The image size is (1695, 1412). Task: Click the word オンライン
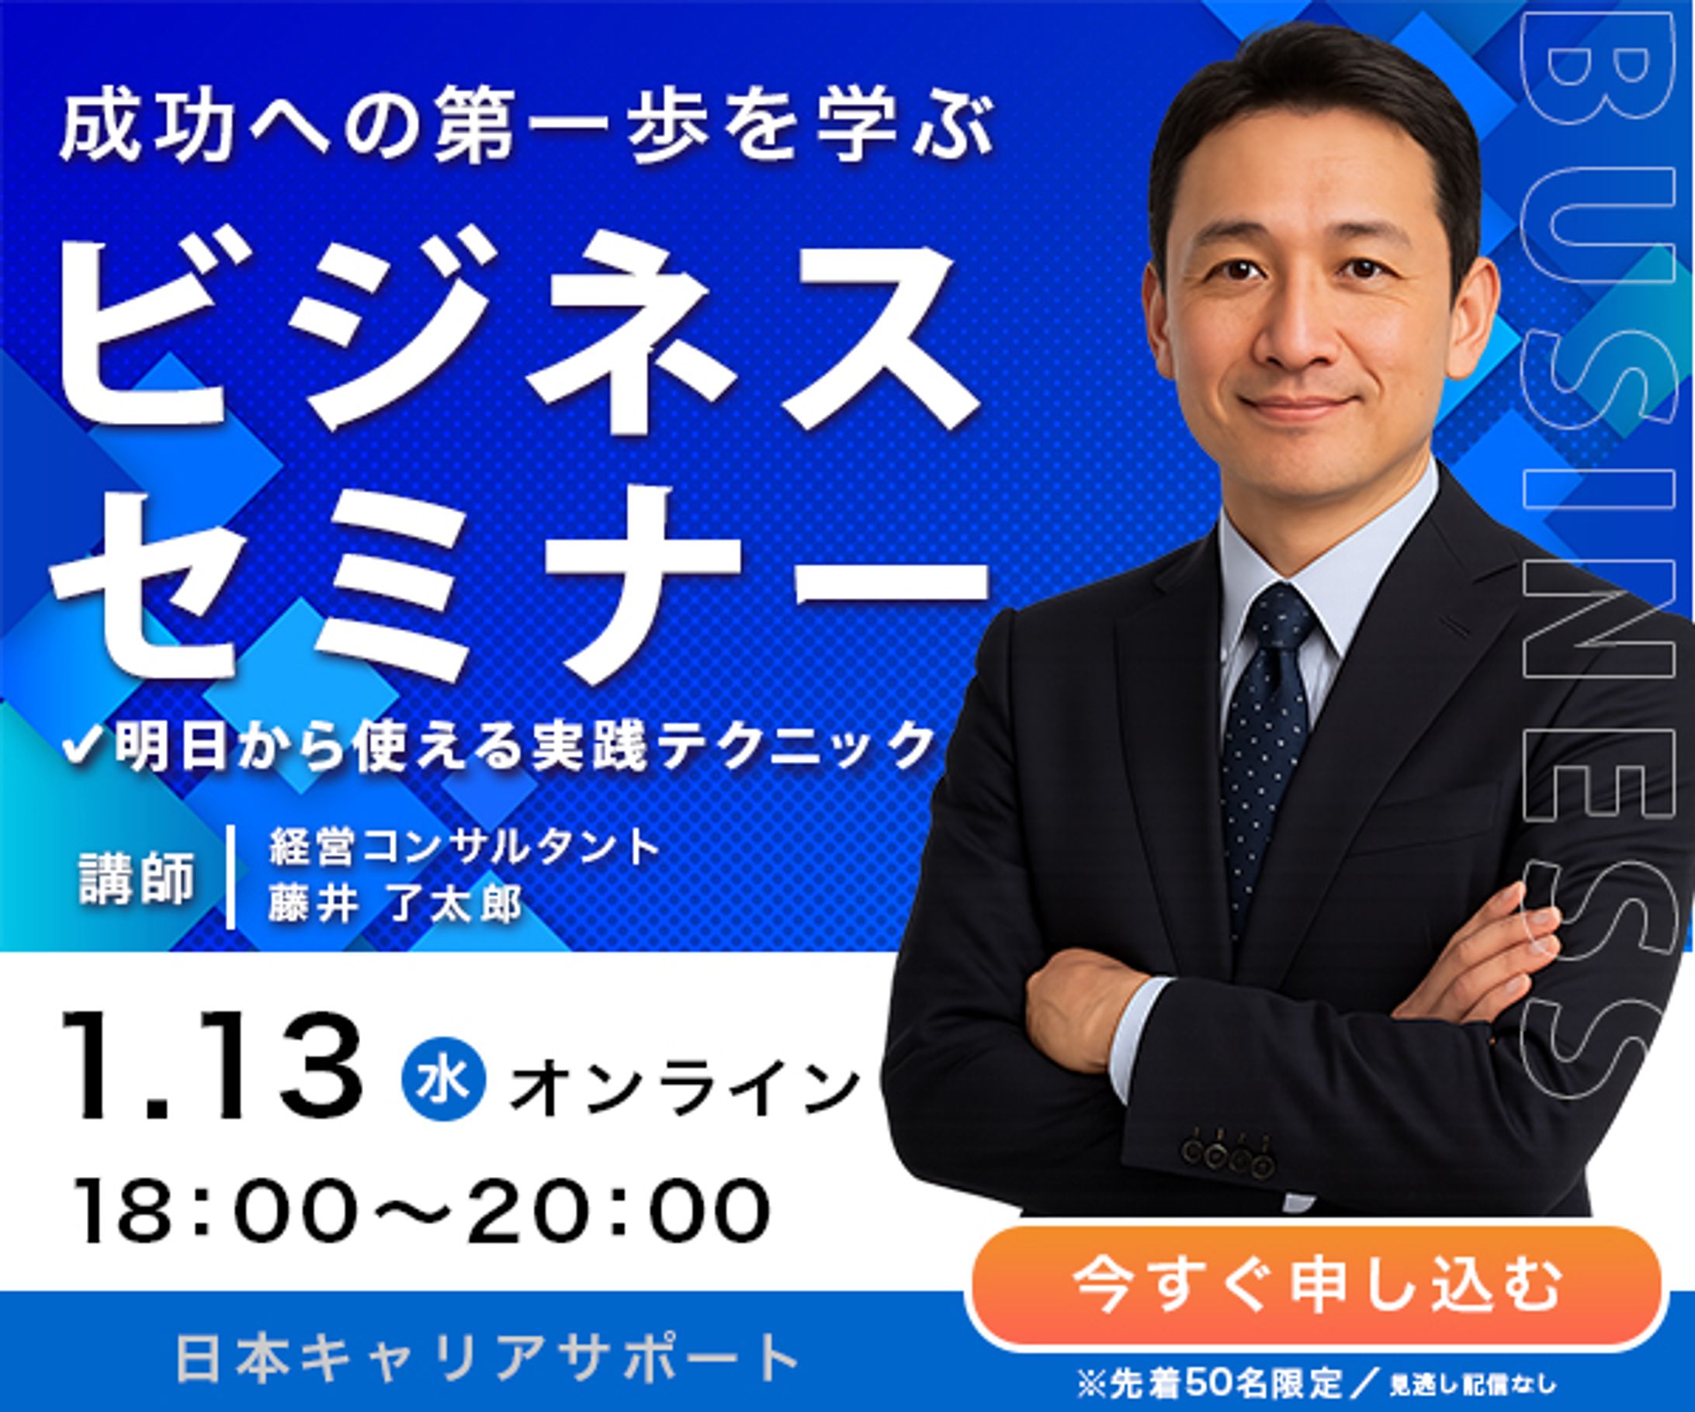tap(685, 1088)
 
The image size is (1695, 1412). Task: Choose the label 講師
tap(137, 878)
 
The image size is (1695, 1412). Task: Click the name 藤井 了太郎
tap(396, 905)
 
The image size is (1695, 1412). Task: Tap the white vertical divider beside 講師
tap(231, 876)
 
